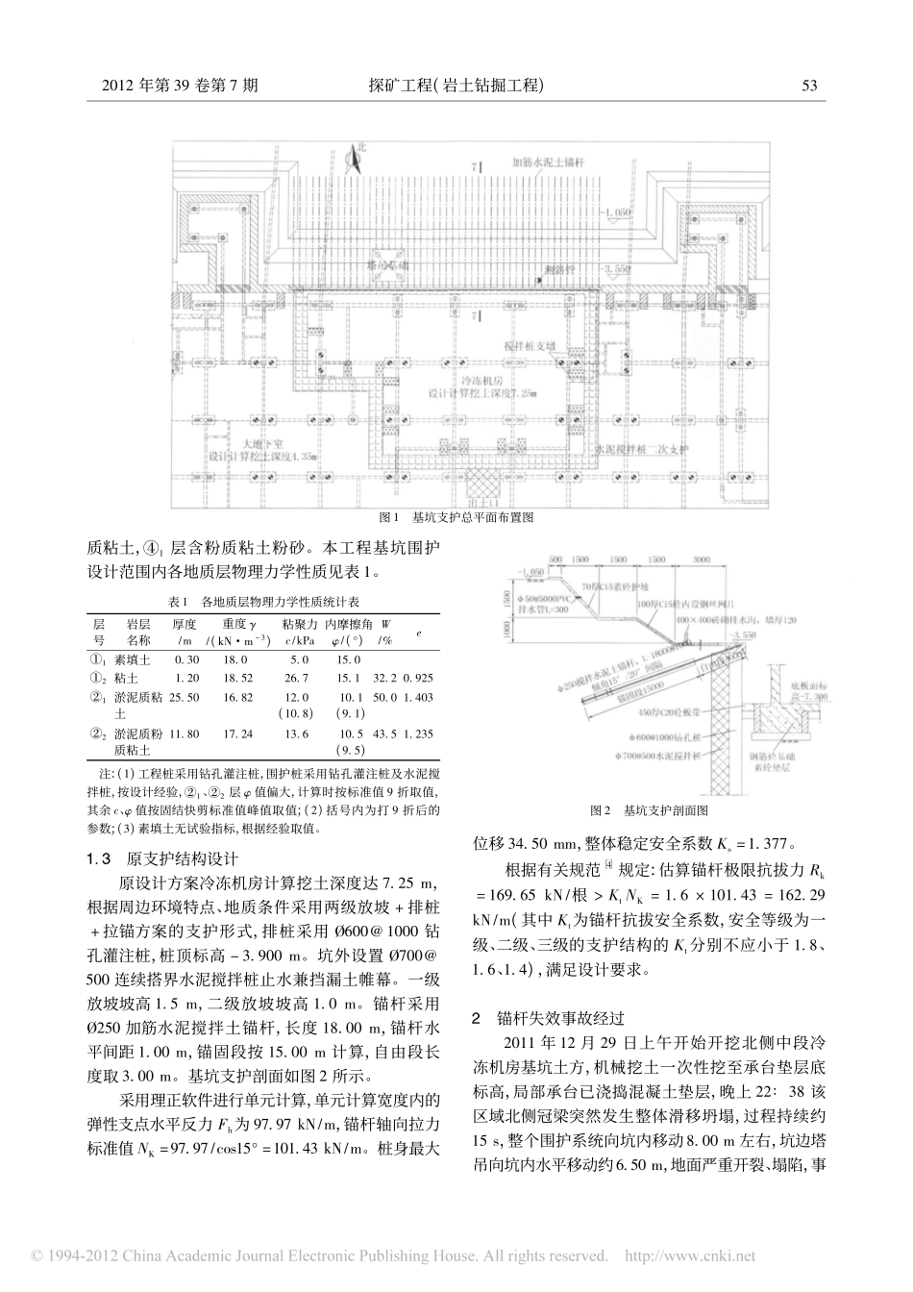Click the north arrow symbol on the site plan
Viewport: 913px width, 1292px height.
click(358, 157)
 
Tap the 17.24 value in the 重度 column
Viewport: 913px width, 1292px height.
click(237, 733)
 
